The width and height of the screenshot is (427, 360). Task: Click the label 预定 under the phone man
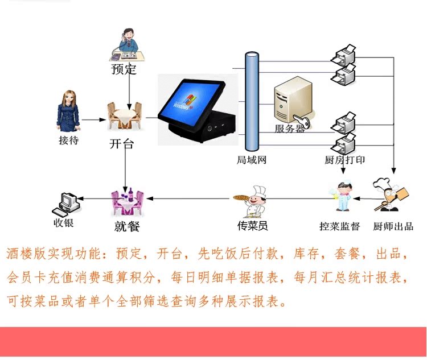coord(124,69)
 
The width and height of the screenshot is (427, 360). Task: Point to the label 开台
coord(121,144)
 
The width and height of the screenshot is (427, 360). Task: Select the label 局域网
coord(252,160)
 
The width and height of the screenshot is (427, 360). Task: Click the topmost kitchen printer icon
coord(344,55)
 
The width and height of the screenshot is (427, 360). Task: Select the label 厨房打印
coord(344,160)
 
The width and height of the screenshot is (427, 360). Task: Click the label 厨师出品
coord(393,226)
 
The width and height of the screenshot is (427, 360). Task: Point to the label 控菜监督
coord(340,226)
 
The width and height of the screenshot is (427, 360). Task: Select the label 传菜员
coord(252,226)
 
